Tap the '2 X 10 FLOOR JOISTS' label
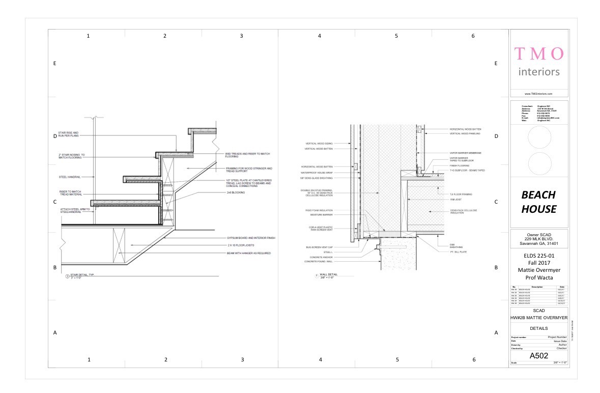(242, 245)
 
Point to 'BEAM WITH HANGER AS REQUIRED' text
(248, 253)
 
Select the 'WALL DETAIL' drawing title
(329, 274)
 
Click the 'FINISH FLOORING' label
(459, 165)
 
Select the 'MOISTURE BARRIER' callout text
(321, 214)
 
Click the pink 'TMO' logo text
(539, 53)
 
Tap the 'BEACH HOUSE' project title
(538, 202)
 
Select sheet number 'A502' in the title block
(539, 355)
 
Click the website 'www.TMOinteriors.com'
(539, 94)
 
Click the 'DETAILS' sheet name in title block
(539, 328)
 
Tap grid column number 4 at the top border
(320, 36)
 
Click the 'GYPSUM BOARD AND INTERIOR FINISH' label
(251, 238)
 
